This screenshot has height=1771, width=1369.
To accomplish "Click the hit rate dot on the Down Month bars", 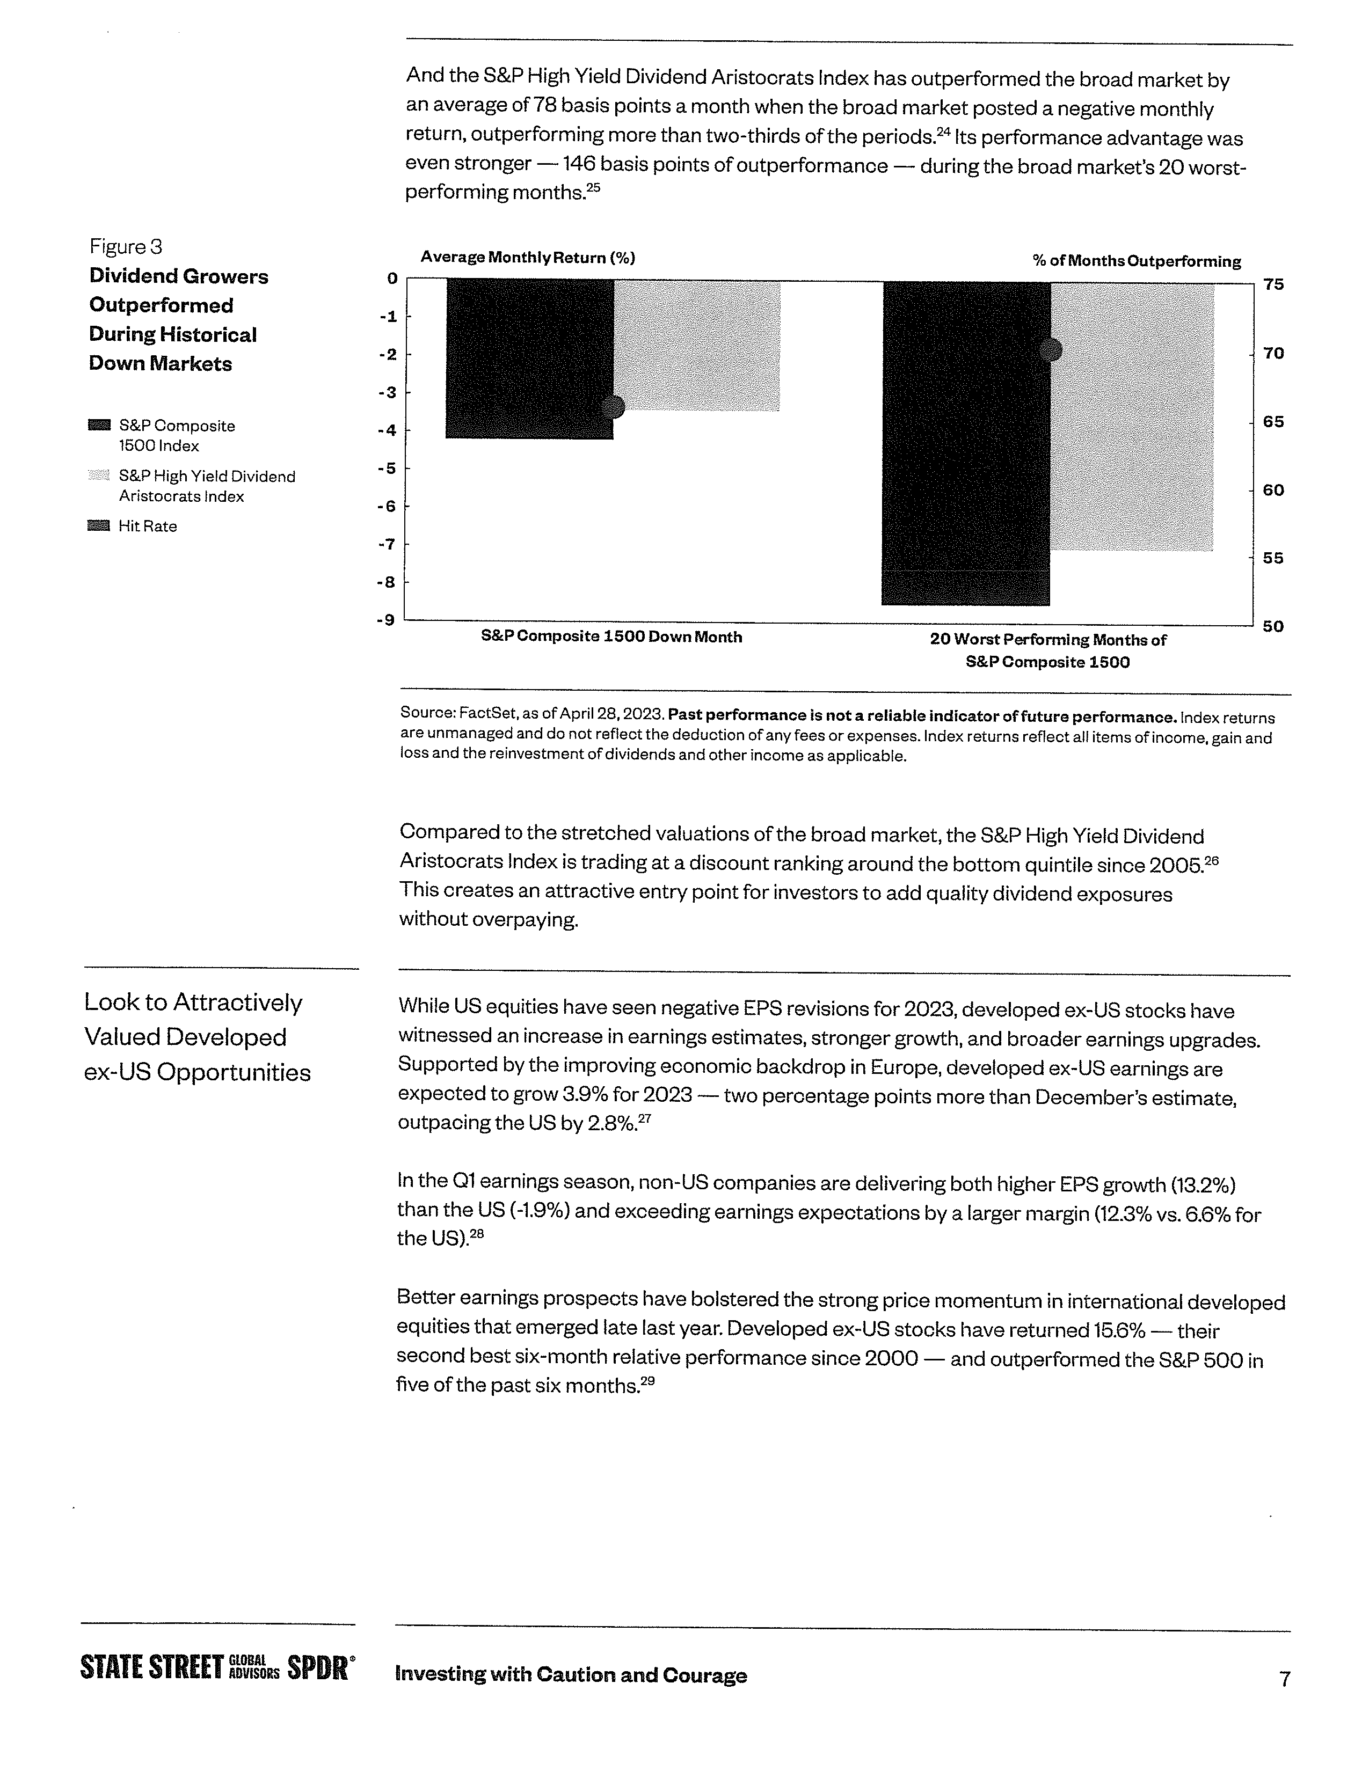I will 614,406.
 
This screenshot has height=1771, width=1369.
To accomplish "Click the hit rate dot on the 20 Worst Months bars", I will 1050,349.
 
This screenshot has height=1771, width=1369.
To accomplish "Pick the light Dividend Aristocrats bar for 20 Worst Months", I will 1132,417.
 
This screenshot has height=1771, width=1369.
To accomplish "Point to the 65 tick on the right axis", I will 1273,422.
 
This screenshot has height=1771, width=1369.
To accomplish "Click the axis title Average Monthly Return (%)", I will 527,258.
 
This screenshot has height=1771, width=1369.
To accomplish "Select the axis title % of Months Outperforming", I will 1136,261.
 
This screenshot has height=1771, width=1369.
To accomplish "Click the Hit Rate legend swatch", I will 98,525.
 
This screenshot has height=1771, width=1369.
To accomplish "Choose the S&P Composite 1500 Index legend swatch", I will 99,425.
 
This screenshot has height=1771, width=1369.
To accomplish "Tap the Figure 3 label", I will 126,246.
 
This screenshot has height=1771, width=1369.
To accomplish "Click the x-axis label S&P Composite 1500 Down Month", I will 611,638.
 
